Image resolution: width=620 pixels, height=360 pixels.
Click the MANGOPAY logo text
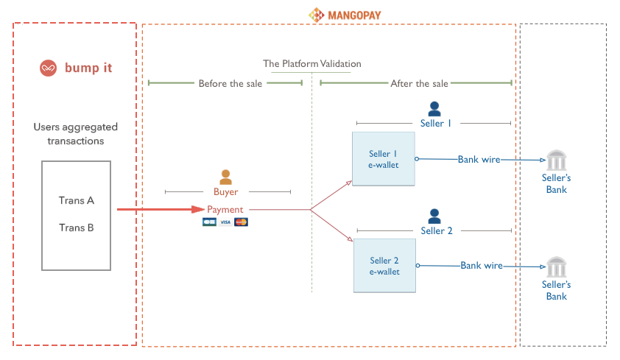click(x=354, y=15)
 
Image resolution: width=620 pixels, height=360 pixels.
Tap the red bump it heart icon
click(x=49, y=68)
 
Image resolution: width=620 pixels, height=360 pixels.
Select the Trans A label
click(x=77, y=200)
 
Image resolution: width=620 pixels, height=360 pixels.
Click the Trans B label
click(x=77, y=227)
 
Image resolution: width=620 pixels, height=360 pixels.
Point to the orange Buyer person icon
click(x=226, y=177)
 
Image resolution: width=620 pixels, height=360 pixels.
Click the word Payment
click(x=225, y=210)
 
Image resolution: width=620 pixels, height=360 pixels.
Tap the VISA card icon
click(x=225, y=222)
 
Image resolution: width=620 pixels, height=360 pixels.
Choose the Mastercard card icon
click(x=242, y=222)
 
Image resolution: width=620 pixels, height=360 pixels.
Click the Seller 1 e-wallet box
click(x=384, y=159)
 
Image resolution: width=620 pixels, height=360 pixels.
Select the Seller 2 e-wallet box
click(x=384, y=266)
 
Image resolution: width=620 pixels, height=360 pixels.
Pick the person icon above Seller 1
click(x=434, y=109)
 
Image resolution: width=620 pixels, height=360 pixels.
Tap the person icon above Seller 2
click(x=434, y=216)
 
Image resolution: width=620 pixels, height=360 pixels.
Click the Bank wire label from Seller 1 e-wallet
click(x=479, y=160)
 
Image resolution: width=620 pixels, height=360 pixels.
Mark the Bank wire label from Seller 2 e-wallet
click(x=482, y=266)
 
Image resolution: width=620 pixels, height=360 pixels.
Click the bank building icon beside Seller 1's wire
click(x=557, y=160)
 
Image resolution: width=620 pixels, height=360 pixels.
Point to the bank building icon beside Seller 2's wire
click(x=557, y=267)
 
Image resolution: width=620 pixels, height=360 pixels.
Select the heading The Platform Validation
click(x=312, y=63)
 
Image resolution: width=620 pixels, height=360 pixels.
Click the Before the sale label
click(x=230, y=84)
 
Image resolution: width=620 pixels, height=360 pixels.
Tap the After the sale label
click(x=419, y=84)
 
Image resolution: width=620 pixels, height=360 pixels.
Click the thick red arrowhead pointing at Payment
click(x=197, y=209)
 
